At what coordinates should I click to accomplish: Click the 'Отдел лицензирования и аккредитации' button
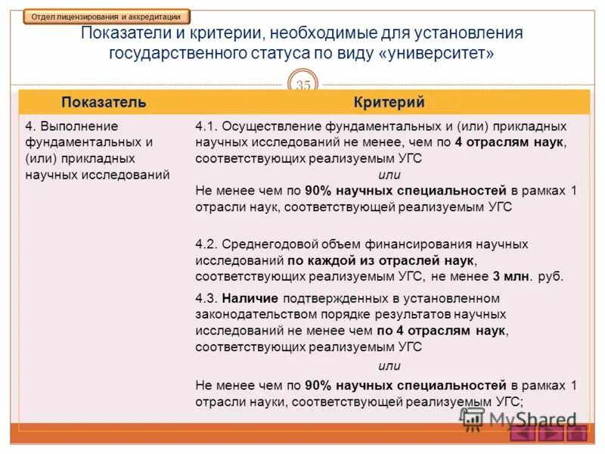106,16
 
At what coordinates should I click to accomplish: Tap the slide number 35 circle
302,86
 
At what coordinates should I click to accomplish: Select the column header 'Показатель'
104,102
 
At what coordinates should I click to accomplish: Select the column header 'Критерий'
389,102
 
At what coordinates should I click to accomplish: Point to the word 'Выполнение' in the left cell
79,126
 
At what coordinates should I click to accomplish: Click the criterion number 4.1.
206,126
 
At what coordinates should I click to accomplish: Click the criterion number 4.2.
206,244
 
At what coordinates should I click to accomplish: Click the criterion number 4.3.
206,298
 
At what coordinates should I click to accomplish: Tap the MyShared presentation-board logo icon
472,419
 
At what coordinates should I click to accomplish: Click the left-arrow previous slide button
523,434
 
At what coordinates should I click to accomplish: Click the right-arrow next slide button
550,434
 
